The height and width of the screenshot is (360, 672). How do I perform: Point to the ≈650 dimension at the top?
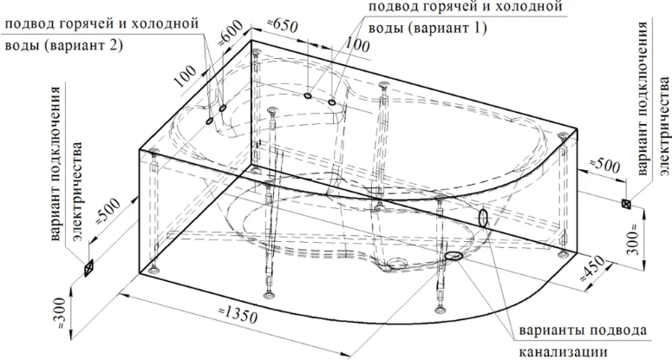pyautogui.click(x=282, y=26)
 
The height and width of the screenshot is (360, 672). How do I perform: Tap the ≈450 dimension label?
pyautogui.click(x=594, y=269)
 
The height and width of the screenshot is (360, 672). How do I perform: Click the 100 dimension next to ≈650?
pyautogui.click(x=356, y=44)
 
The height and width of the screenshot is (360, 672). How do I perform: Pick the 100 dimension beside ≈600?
pyautogui.click(x=186, y=76)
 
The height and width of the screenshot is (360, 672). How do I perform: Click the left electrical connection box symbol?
pyautogui.click(x=89, y=268)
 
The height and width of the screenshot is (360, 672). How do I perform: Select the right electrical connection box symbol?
pyautogui.click(x=627, y=204)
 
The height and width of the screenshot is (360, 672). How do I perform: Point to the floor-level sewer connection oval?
pyautogui.click(x=453, y=256)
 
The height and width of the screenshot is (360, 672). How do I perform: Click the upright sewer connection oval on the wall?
pyautogui.click(x=483, y=218)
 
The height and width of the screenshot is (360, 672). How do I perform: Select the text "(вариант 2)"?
pyautogui.click(x=81, y=44)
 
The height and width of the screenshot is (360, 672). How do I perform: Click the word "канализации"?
pyautogui.click(x=564, y=351)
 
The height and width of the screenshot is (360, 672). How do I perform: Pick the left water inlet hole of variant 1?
pyautogui.click(x=308, y=95)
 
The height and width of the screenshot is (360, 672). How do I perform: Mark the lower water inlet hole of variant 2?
pyautogui.click(x=210, y=121)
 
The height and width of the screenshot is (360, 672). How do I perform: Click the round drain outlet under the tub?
pyautogui.click(x=397, y=264)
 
